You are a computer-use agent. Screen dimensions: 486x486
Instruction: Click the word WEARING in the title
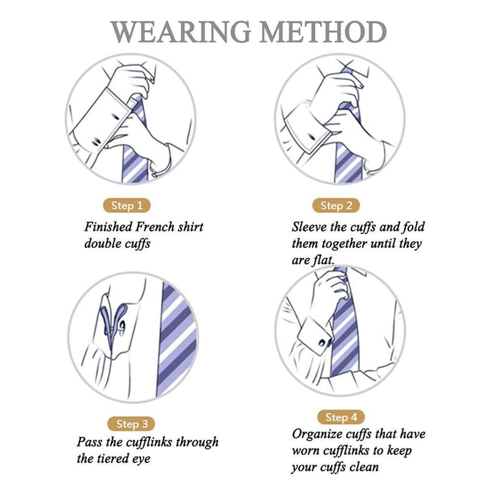180,32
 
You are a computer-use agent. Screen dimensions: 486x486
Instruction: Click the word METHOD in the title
323,32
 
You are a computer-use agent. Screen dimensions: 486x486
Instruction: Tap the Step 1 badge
127,205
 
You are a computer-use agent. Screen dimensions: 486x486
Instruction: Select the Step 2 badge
336,205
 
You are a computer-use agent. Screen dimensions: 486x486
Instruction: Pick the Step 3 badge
131,423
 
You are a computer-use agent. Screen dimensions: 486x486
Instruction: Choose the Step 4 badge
341,417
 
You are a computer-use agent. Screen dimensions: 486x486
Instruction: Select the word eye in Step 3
142,459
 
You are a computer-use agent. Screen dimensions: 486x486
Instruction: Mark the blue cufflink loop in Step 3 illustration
114,323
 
